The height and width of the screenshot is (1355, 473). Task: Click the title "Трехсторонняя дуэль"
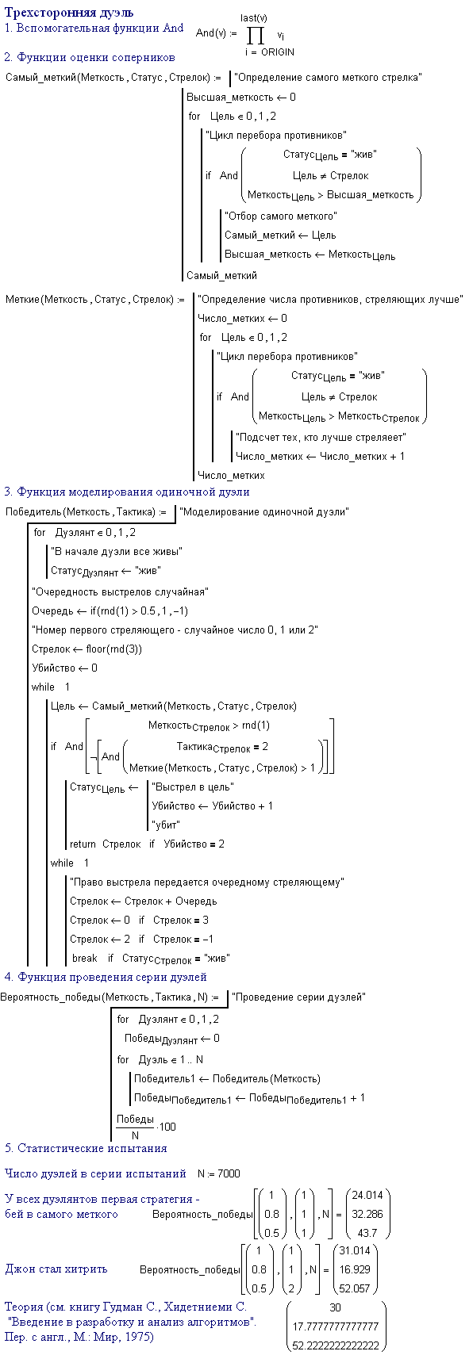click(69, 13)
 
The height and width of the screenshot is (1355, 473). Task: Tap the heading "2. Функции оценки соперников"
click(90, 57)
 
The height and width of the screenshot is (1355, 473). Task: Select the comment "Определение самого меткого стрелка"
click(328, 78)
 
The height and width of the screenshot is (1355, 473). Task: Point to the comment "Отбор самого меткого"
click(280, 216)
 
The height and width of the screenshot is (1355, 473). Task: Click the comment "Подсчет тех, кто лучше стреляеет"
click(321, 438)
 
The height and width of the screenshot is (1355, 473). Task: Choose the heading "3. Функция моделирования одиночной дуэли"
click(126, 492)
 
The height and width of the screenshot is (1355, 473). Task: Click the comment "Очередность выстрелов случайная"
click(120, 592)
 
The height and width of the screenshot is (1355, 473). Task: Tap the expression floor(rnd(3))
click(113, 649)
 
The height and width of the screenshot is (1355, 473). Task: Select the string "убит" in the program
click(166, 825)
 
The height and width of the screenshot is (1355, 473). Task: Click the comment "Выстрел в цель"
click(193, 787)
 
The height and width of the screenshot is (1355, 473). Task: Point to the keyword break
click(85, 959)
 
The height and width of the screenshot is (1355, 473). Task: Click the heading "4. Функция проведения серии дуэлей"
click(106, 978)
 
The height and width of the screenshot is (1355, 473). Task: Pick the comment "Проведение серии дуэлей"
click(298, 997)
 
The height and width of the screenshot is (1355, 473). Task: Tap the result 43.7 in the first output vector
click(367, 1233)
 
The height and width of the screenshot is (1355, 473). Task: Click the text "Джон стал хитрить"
click(56, 1269)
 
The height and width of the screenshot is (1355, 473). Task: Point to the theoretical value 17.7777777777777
click(336, 1326)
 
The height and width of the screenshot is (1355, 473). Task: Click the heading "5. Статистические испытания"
click(86, 1148)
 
